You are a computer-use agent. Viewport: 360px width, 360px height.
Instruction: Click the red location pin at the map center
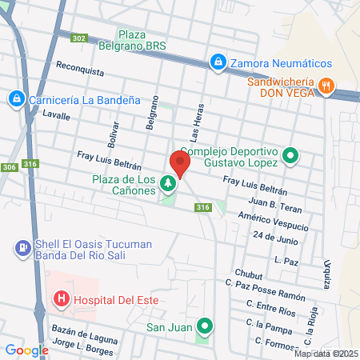[x=180, y=164]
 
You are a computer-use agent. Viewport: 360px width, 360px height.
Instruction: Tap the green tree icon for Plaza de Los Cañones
[x=168, y=184]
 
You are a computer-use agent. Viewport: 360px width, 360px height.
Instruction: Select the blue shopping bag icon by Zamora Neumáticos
[x=217, y=61]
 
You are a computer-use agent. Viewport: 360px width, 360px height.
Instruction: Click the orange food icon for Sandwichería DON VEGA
[x=326, y=86]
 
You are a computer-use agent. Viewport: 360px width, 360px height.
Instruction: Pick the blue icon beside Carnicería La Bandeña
[x=14, y=98]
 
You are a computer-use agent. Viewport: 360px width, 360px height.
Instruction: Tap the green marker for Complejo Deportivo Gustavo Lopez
[x=290, y=157]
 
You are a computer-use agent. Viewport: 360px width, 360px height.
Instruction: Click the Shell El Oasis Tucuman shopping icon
[x=22, y=250]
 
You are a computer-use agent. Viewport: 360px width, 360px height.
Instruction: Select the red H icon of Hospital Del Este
[x=60, y=300]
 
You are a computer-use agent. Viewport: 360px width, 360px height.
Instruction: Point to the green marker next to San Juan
[x=206, y=326]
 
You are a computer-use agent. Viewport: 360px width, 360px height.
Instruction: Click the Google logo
[x=26, y=350]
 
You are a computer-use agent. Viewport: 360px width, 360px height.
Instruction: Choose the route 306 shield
[x=9, y=166]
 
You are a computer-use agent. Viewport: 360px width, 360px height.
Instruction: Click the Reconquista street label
[x=81, y=70]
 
